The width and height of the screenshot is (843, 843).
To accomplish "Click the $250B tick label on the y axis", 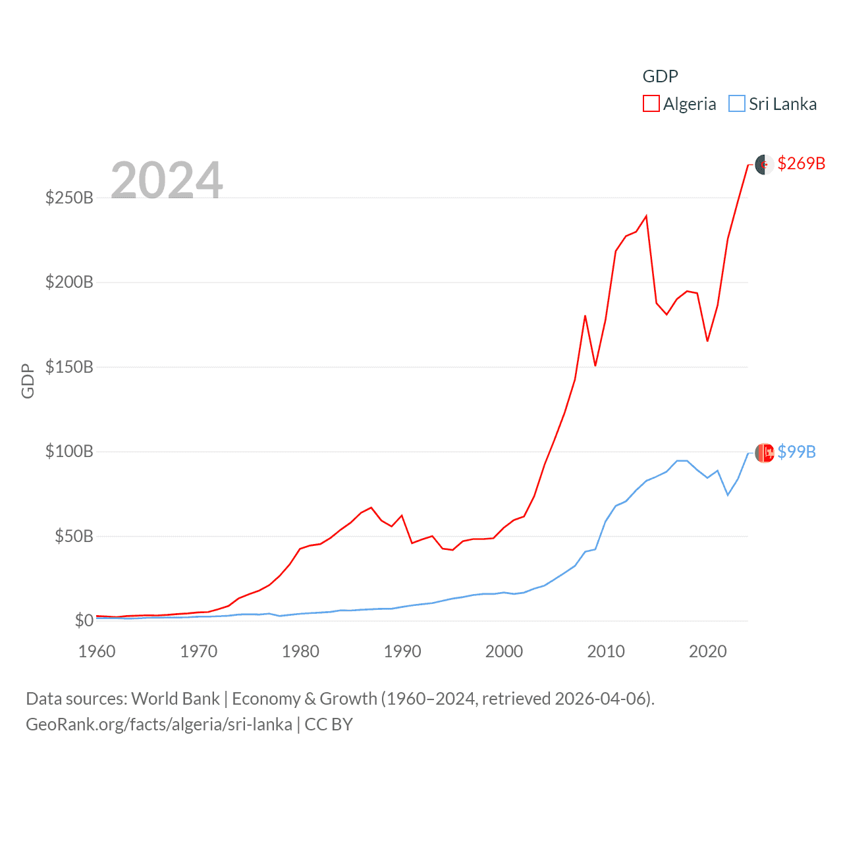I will (69, 198).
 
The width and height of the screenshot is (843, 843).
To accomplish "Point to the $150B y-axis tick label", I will (69, 367).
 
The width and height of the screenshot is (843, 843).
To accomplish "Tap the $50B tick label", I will (74, 536).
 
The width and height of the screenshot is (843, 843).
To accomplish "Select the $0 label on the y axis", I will (84, 620).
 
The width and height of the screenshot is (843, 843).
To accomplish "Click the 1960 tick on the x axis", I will (97, 651).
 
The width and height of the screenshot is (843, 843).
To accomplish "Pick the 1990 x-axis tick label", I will (402, 651).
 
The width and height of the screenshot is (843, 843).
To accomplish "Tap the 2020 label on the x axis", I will (708, 651).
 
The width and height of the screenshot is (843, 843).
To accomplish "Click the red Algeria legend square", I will (651, 104).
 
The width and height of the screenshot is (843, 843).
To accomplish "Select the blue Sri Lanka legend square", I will (737, 104).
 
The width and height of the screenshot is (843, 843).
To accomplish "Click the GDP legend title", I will (660, 76).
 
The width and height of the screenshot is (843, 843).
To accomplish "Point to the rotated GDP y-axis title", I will (28, 381).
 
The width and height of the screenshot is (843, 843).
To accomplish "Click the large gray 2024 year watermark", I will (167, 180).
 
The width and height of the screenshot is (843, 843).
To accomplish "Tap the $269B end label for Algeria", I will (801, 163).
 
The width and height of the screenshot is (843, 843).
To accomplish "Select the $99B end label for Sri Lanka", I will (796, 452).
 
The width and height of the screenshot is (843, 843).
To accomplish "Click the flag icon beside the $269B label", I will (764, 164).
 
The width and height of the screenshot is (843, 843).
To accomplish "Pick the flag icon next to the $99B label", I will (764, 453).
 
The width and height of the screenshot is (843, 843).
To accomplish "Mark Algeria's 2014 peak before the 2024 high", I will (646, 216).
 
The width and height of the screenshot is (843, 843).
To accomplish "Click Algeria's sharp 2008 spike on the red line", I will (585, 316).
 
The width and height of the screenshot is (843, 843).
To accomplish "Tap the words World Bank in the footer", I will (175, 698).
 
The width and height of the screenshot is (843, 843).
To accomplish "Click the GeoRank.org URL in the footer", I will (159, 724).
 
